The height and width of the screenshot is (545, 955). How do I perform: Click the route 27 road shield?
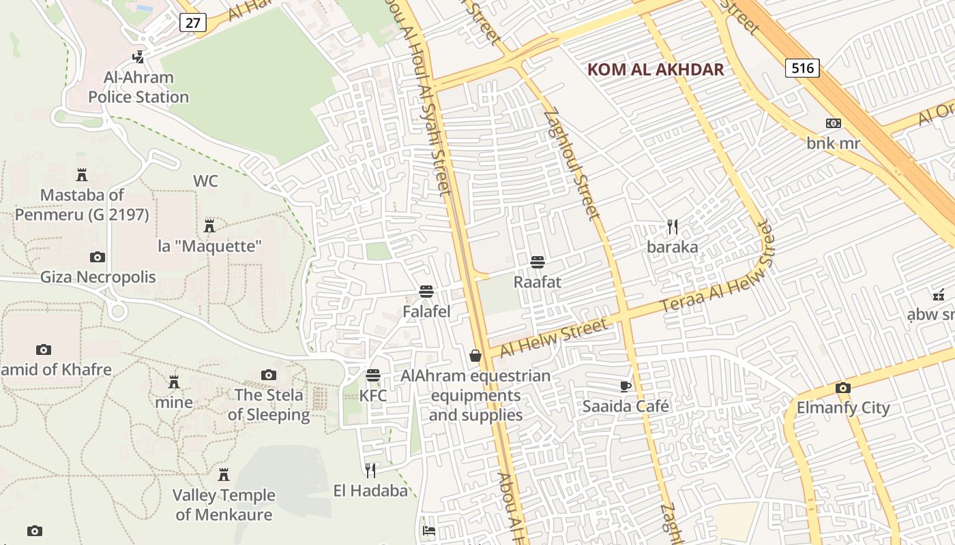click(x=193, y=22)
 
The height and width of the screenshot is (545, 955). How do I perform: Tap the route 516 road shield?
click(x=802, y=67)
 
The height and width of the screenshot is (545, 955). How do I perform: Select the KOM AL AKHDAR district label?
click(x=655, y=69)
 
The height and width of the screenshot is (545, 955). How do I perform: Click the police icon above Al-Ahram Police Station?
click(x=139, y=57)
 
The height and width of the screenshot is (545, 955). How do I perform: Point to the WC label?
click(x=205, y=181)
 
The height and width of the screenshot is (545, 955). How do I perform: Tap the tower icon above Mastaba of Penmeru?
click(x=82, y=174)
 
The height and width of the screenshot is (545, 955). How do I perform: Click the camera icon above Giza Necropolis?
click(x=98, y=257)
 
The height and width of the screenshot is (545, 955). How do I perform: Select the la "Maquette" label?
click(x=210, y=246)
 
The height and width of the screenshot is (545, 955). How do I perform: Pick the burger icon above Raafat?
click(x=538, y=262)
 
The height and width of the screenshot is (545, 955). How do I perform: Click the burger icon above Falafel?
click(x=426, y=292)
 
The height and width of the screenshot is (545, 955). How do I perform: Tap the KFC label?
click(x=373, y=396)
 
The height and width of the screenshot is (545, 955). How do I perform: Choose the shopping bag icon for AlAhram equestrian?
click(x=475, y=356)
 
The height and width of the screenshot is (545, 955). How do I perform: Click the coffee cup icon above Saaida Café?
click(x=626, y=386)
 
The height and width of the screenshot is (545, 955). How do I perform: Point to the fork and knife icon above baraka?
click(x=673, y=226)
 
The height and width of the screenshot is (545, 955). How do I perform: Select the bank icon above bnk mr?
click(x=833, y=123)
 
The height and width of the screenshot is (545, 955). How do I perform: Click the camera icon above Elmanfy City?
click(x=843, y=388)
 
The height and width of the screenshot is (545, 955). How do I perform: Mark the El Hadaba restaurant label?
click(x=370, y=490)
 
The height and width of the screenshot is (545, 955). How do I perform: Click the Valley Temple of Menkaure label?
click(x=224, y=505)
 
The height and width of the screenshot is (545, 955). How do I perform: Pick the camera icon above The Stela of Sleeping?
click(x=269, y=375)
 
